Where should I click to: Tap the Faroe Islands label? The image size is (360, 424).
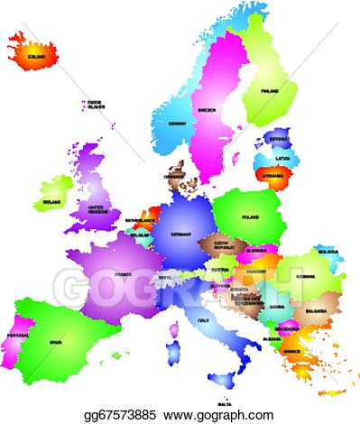pyautogui.click(x=95, y=106)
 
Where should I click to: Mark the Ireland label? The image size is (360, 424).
pyautogui.click(x=52, y=203)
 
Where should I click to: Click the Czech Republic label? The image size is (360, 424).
pyautogui.click(x=221, y=244)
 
